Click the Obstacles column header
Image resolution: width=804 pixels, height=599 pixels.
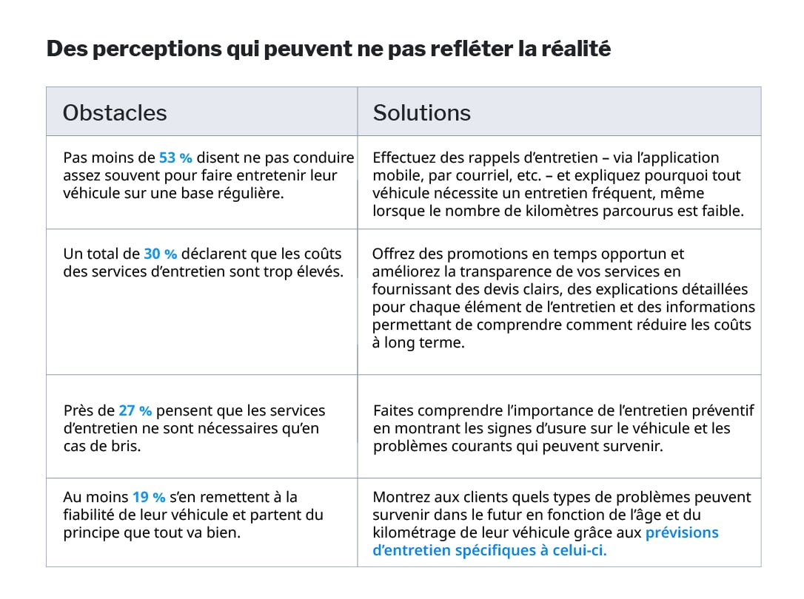(115, 112)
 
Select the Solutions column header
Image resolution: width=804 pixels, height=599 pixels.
(421, 112)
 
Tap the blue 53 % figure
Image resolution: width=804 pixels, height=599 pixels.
(175, 158)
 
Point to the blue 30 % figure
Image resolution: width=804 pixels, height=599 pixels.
(161, 254)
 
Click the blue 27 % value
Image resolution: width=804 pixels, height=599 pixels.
(135, 410)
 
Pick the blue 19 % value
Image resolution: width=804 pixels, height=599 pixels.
(148, 497)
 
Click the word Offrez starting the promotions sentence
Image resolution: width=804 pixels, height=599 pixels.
(395, 254)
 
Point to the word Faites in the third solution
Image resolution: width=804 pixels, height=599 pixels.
(393, 410)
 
